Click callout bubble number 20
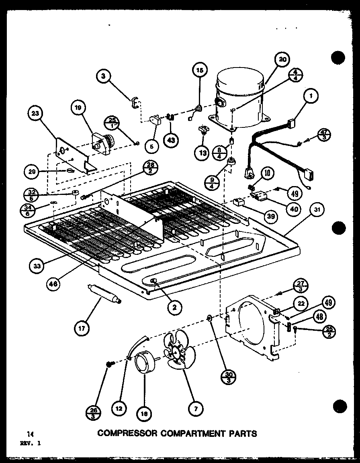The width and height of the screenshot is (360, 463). click(x=282, y=59)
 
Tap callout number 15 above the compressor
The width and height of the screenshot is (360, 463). click(x=200, y=70)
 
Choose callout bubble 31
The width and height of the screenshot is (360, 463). click(x=317, y=210)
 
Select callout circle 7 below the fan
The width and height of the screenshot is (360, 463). click(x=196, y=409)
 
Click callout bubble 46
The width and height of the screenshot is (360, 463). click(x=53, y=283)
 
